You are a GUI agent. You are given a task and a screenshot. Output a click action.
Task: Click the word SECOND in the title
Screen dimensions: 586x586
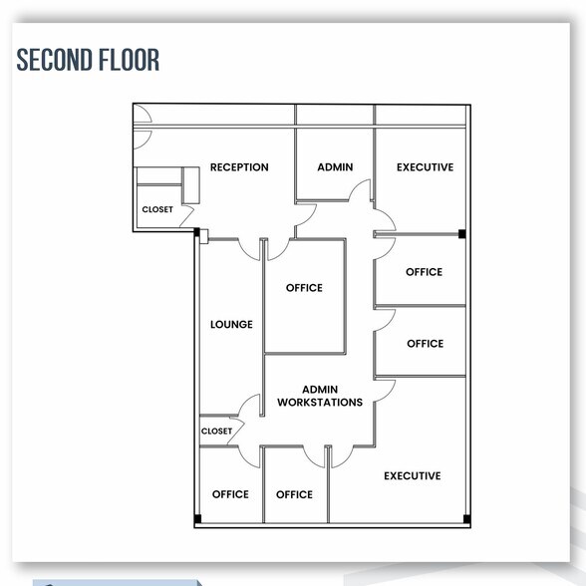coord(53,59)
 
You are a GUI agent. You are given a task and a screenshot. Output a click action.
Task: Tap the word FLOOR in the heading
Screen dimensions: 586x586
coord(127,59)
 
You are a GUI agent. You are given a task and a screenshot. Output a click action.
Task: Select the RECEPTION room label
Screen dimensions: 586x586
coord(239,167)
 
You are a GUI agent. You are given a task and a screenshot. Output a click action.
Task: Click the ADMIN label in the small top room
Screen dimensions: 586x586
coord(335,167)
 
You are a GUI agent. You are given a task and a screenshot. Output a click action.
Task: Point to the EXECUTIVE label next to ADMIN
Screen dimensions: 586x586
coord(425,167)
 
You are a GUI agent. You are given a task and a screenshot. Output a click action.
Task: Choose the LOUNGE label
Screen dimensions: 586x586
coord(231,324)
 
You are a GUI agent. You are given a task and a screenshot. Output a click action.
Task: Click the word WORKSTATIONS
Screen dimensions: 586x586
coord(320,403)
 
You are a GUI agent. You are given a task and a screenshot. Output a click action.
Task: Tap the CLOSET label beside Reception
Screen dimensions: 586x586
coord(157,210)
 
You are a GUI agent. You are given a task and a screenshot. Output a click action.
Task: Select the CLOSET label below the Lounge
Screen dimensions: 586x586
coord(216,432)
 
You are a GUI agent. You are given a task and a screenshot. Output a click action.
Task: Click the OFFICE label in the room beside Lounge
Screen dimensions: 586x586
coord(304,288)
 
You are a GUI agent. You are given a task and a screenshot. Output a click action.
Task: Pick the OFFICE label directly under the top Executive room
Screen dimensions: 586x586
coord(425,272)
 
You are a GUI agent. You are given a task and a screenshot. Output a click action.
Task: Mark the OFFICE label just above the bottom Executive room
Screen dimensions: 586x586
coord(425,344)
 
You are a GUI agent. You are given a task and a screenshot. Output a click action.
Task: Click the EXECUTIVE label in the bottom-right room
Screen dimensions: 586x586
coord(412,476)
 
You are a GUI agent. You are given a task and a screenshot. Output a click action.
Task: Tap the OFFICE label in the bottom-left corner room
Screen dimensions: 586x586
coord(230,494)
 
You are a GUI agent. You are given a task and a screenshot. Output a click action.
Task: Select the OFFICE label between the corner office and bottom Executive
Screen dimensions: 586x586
coord(294,494)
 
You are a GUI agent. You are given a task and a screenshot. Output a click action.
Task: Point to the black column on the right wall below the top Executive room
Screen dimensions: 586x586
coord(462,234)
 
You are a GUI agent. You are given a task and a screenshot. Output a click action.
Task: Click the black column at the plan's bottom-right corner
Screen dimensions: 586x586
coord(464,517)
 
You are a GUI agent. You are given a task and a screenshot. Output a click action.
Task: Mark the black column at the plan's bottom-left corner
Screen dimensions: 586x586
coord(197,517)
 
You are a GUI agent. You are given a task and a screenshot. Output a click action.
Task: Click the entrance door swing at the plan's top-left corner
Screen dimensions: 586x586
coord(143,118)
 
